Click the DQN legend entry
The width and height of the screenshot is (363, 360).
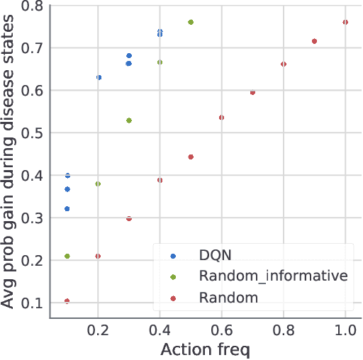[x=214, y=254]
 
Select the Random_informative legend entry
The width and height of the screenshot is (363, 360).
[x=274, y=276]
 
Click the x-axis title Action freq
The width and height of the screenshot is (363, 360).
[x=206, y=349]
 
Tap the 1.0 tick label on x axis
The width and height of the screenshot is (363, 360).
[x=345, y=331]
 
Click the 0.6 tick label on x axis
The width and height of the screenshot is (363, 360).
[x=222, y=331]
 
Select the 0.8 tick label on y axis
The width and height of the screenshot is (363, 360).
[x=30, y=6]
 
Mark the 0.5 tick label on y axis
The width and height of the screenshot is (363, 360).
[x=30, y=133]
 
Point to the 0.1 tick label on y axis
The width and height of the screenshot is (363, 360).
[x=30, y=303]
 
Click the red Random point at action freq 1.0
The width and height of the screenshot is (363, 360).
[x=345, y=22]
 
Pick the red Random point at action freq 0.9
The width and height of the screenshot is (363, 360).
[x=314, y=41]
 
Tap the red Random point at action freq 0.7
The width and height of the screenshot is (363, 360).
[x=252, y=92]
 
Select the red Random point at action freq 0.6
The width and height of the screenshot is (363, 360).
[x=221, y=118]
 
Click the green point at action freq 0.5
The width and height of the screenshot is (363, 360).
[x=191, y=22]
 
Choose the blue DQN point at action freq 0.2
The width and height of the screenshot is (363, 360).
[x=99, y=77]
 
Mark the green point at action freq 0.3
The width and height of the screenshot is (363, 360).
[x=129, y=120]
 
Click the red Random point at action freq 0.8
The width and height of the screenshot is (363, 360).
[x=284, y=64]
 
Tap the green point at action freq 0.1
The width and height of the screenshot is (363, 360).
[x=67, y=256]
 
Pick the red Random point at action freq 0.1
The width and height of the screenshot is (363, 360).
[x=67, y=301]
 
